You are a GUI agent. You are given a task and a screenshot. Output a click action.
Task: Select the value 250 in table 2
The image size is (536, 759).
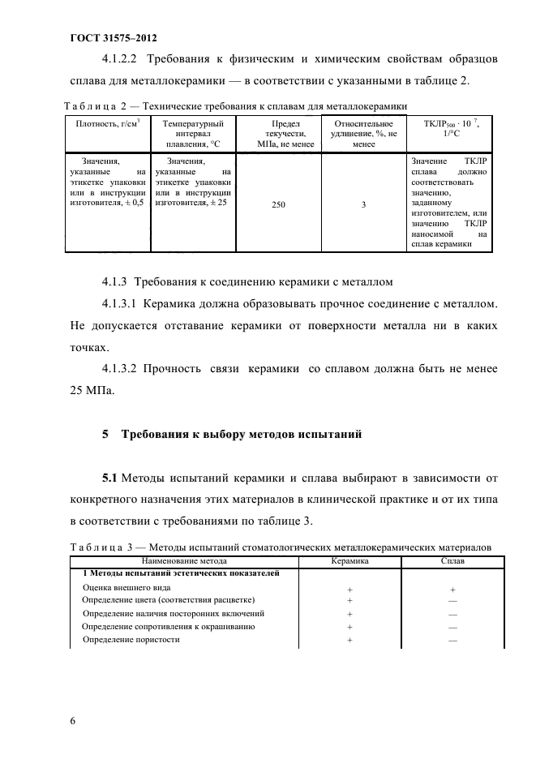tap(278, 205)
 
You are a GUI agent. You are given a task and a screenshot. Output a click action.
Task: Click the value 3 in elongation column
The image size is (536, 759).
tap(364, 205)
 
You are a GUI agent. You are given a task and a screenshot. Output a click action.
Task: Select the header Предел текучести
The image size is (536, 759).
tap(278, 133)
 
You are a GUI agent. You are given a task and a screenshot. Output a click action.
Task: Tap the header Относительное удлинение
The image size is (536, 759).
tap(364, 133)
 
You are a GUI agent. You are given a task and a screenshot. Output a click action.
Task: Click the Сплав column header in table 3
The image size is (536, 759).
tap(452, 560)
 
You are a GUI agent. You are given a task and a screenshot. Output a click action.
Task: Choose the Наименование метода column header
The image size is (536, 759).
tap(184, 560)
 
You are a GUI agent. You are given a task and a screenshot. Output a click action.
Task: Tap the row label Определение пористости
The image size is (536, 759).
tap(131, 639)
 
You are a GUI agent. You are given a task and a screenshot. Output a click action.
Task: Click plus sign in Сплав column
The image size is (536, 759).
tap(452, 589)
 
